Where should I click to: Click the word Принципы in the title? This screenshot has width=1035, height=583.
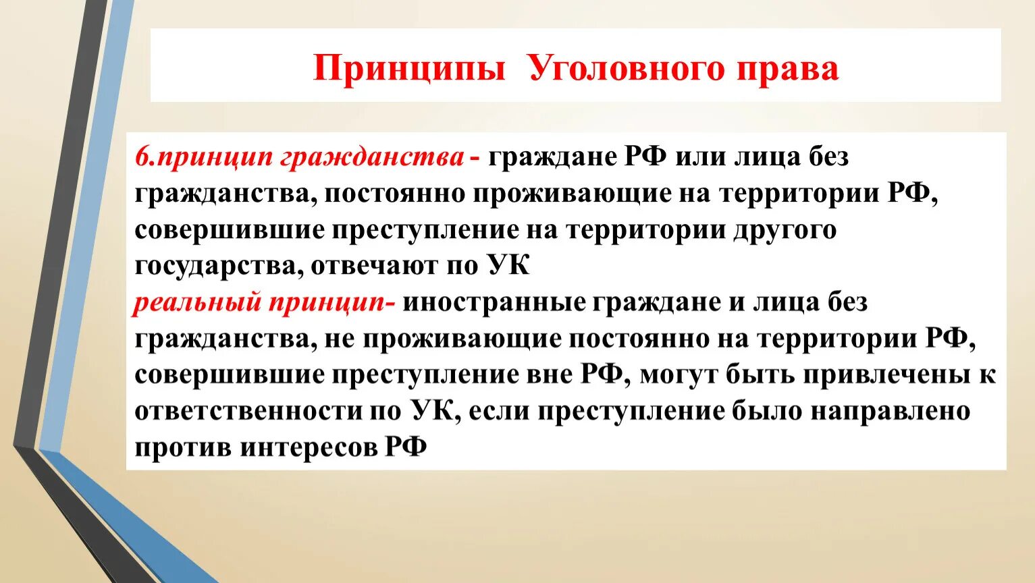tap(409, 69)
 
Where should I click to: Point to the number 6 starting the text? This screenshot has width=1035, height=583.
tap(141, 157)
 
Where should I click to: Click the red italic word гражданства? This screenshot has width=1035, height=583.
tap(371, 157)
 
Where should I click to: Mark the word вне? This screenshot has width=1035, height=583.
tap(549, 375)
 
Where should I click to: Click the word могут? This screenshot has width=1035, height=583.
tap(679, 375)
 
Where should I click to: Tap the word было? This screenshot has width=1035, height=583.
tap(768, 412)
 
